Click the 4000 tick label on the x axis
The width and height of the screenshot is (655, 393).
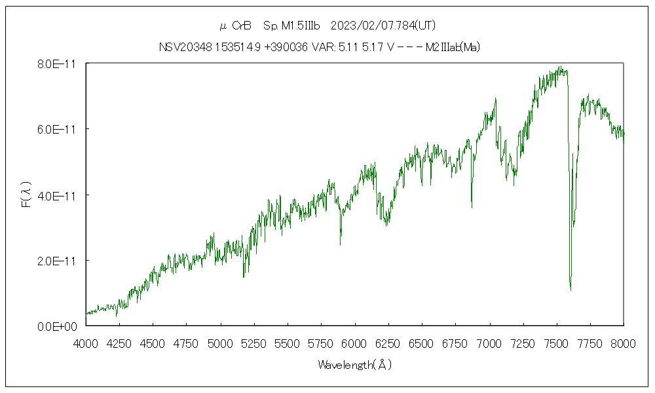click(x=86, y=343)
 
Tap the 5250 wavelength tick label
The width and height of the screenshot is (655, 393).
click(x=254, y=343)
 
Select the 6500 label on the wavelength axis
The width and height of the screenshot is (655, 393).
click(x=422, y=343)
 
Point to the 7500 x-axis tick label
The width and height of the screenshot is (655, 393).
click(x=556, y=343)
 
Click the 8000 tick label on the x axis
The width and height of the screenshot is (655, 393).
click(x=624, y=343)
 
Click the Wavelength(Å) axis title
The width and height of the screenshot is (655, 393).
click(x=354, y=365)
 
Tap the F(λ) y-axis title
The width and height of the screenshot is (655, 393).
click(x=27, y=195)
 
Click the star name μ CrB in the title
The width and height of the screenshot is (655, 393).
click(x=235, y=26)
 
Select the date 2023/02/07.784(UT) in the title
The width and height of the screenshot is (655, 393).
click(x=383, y=26)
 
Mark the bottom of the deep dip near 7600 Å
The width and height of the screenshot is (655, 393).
click(x=571, y=289)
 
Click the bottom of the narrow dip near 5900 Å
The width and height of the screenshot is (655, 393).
click(x=341, y=244)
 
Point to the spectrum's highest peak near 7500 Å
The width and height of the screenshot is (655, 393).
click(x=560, y=66)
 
